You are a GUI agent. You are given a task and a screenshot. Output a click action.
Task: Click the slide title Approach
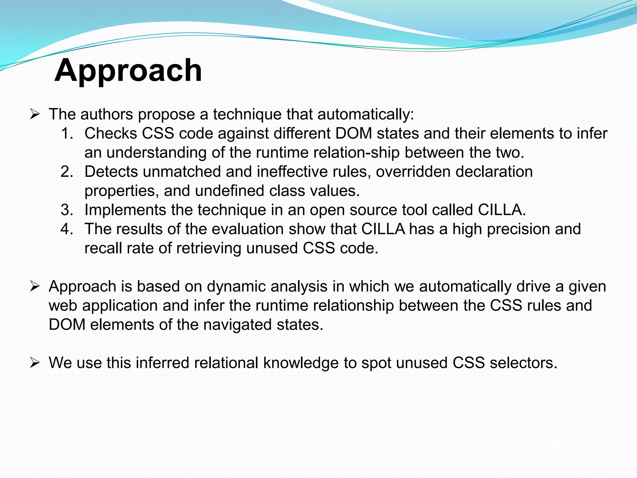(x=128, y=71)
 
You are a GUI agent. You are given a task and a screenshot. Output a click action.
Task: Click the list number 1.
(x=67, y=134)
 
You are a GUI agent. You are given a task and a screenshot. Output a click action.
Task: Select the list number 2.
(x=67, y=172)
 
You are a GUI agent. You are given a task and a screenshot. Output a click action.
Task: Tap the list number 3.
(x=67, y=210)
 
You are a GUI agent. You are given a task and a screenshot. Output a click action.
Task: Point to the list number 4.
(x=67, y=229)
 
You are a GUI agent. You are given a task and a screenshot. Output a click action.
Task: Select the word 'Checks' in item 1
(x=111, y=134)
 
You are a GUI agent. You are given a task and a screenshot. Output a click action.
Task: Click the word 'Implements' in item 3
(x=125, y=210)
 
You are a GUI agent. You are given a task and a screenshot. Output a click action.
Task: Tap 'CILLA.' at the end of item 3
(x=502, y=210)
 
